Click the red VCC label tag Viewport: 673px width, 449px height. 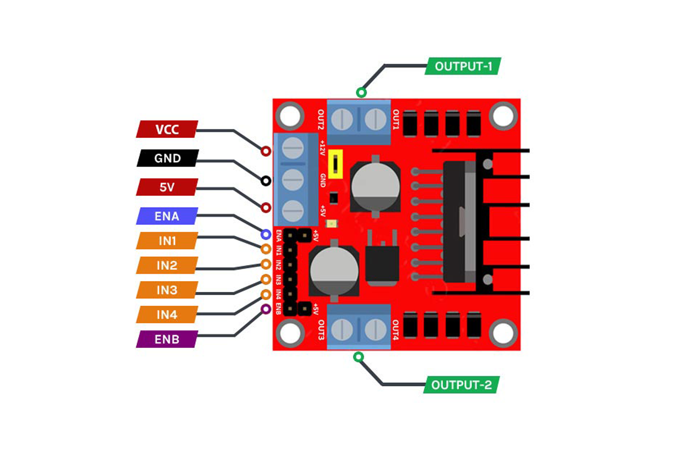(167, 129)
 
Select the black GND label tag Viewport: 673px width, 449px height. (167, 158)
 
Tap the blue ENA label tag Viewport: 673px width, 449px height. (167, 216)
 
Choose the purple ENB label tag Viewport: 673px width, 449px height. (167, 339)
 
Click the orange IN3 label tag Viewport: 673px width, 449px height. (167, 290)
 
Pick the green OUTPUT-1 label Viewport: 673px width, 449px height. (463, 66)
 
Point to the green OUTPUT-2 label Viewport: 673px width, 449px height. (461, 385)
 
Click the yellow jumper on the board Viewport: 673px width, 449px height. (335, 164)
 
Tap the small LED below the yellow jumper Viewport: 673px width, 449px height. (332, 224)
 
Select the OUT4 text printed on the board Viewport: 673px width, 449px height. (395, 330)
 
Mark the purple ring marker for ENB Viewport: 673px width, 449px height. (266, 309)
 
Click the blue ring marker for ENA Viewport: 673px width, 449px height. (266, 234)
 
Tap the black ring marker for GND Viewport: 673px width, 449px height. (266, 181)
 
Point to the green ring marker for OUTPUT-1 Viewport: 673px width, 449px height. (361, 92)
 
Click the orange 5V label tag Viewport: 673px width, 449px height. (167, 187)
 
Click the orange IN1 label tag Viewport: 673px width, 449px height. (167, 241)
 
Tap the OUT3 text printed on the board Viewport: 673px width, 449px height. (321, 330)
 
